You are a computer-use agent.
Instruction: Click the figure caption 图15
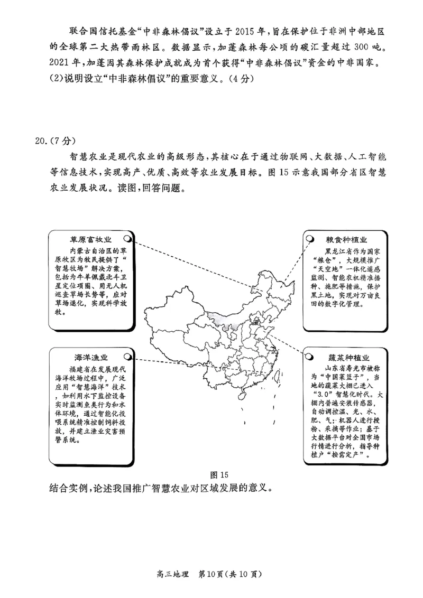coord(218,474)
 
